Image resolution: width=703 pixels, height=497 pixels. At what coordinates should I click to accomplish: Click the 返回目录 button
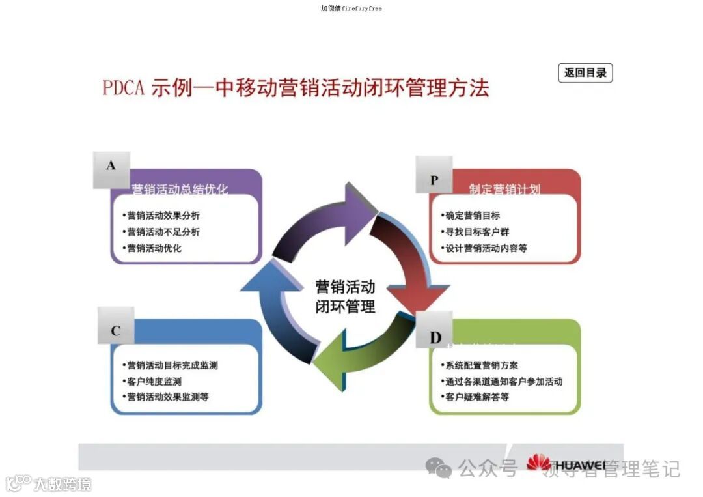coord(585,73)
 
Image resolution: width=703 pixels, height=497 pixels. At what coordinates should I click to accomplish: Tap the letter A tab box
coord(111,167)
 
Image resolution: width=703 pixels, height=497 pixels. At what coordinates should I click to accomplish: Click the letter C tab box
coord(116,331)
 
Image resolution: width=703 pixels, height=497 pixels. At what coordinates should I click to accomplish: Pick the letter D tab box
coord(435,337)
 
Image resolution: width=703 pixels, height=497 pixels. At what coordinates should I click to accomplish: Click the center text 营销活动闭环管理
coord(345,297)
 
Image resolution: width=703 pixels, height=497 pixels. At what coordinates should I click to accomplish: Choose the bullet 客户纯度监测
coord(154,382)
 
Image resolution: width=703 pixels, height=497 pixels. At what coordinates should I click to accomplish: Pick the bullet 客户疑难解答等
coord(477,397)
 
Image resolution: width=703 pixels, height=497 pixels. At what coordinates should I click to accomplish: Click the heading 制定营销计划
coord(504,190)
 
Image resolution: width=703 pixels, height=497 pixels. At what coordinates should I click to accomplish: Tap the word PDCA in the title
coord(123,89)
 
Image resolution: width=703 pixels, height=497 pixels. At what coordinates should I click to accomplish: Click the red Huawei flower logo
coord(538,462)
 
